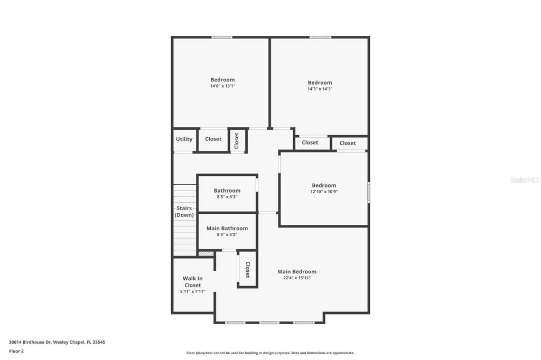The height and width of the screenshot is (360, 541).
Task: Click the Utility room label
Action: [184, 139]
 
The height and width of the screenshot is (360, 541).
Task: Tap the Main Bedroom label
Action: [297, 272]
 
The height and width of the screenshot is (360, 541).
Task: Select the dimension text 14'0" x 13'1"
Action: [222, 86]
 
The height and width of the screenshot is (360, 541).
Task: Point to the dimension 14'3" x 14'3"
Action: [320, 89]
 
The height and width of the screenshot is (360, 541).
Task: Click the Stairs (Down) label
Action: [184, 211]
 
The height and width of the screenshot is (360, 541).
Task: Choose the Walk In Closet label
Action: [192, 282]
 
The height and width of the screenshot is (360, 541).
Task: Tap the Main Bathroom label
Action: [227, 228]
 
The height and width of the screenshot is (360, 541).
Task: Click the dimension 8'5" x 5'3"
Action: [227, 197]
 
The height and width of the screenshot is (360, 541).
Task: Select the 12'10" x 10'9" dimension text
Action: [324, 192]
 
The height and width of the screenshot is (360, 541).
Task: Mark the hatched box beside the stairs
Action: [206, 254]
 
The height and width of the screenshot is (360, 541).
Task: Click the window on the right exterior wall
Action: [368, 192]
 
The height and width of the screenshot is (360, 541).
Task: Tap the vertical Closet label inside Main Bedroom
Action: [247, 270]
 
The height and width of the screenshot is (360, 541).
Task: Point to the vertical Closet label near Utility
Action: [236, 141]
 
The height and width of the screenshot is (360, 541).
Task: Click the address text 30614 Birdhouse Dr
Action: [30, 343]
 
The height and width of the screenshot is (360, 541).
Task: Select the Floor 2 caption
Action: [16, 352]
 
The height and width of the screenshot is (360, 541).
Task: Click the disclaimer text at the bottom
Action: [270, 353]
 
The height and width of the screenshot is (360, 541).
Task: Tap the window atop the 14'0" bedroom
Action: [222, 37]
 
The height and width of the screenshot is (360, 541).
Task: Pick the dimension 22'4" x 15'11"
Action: [297, 278]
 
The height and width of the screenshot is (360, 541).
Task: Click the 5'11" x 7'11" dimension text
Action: [192, 292]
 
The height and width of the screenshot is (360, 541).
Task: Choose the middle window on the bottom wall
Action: [269, 323]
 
